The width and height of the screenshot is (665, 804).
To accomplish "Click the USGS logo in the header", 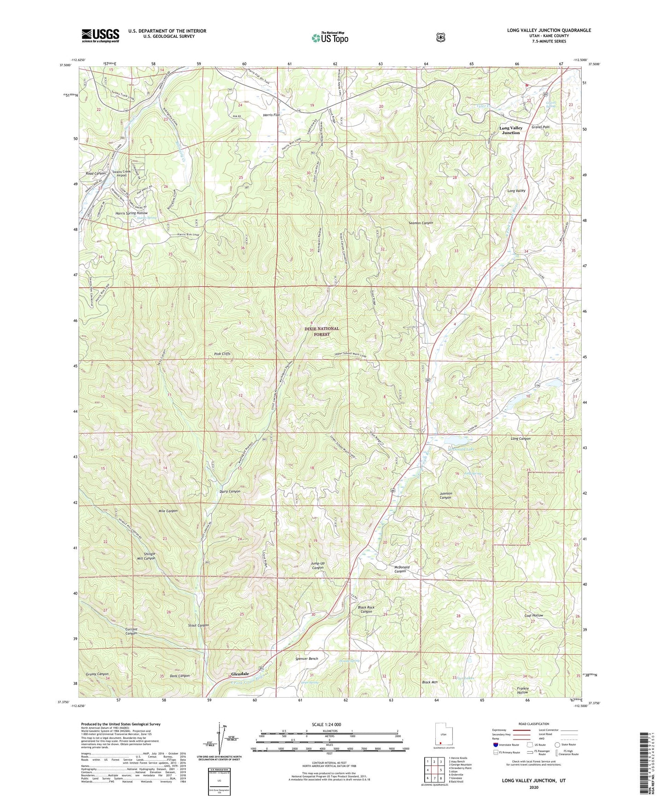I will tap(100, 35).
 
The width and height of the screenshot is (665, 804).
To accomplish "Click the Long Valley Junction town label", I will tap(510, 130).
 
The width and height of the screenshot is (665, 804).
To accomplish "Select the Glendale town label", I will tap(240, 674).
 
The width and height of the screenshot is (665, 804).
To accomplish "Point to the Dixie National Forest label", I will tap(322, 331).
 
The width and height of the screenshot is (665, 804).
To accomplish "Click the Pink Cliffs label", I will tap(222, 354).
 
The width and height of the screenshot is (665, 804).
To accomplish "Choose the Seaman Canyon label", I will tap(421, 223).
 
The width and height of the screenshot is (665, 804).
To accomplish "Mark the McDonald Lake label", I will tap(457, 448).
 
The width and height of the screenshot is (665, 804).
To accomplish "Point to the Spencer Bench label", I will tap(306, 658).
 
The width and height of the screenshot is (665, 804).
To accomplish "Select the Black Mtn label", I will tap(429, 682).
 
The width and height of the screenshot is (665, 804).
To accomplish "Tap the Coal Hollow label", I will tap(533, 615).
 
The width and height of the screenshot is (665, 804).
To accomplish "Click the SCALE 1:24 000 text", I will tap(326, 724).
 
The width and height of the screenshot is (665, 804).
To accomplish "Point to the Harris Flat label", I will tap(271, 115).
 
